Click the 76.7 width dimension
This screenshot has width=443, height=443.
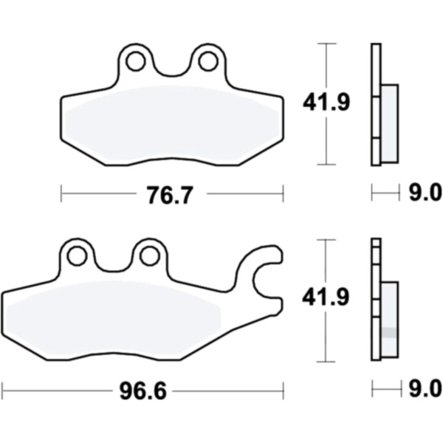(x=171, y=195)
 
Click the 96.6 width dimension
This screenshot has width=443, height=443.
(x=143, y=391)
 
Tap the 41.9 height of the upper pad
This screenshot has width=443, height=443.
(x=326, y=102)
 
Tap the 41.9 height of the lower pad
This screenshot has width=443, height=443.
(x=326, y=298)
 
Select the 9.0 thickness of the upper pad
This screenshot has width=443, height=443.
(x=425, y=193)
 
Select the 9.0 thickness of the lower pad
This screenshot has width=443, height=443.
(x=425, y=389)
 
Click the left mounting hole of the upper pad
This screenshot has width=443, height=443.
(x=136, y=61)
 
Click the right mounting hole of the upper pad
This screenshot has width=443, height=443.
(x=208, y=61)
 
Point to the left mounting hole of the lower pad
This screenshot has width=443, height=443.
(x=77, y=255)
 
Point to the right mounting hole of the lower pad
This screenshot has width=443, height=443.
(x=150, y=255)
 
